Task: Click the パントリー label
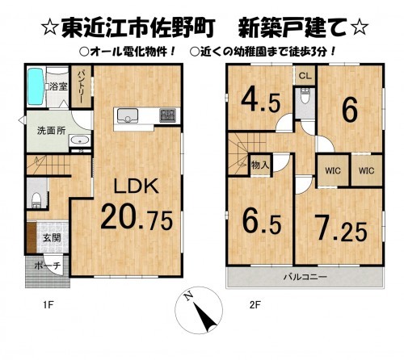pyautogui.click(x=83, y=83)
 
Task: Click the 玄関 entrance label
pyautogui.click(x=50, y=237)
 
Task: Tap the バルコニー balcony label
pyautogui.click(x=305, y=276)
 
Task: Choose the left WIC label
pyautogui.click(x=331, y=170)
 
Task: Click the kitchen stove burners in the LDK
pyautogui.click(x=166, y=115)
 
